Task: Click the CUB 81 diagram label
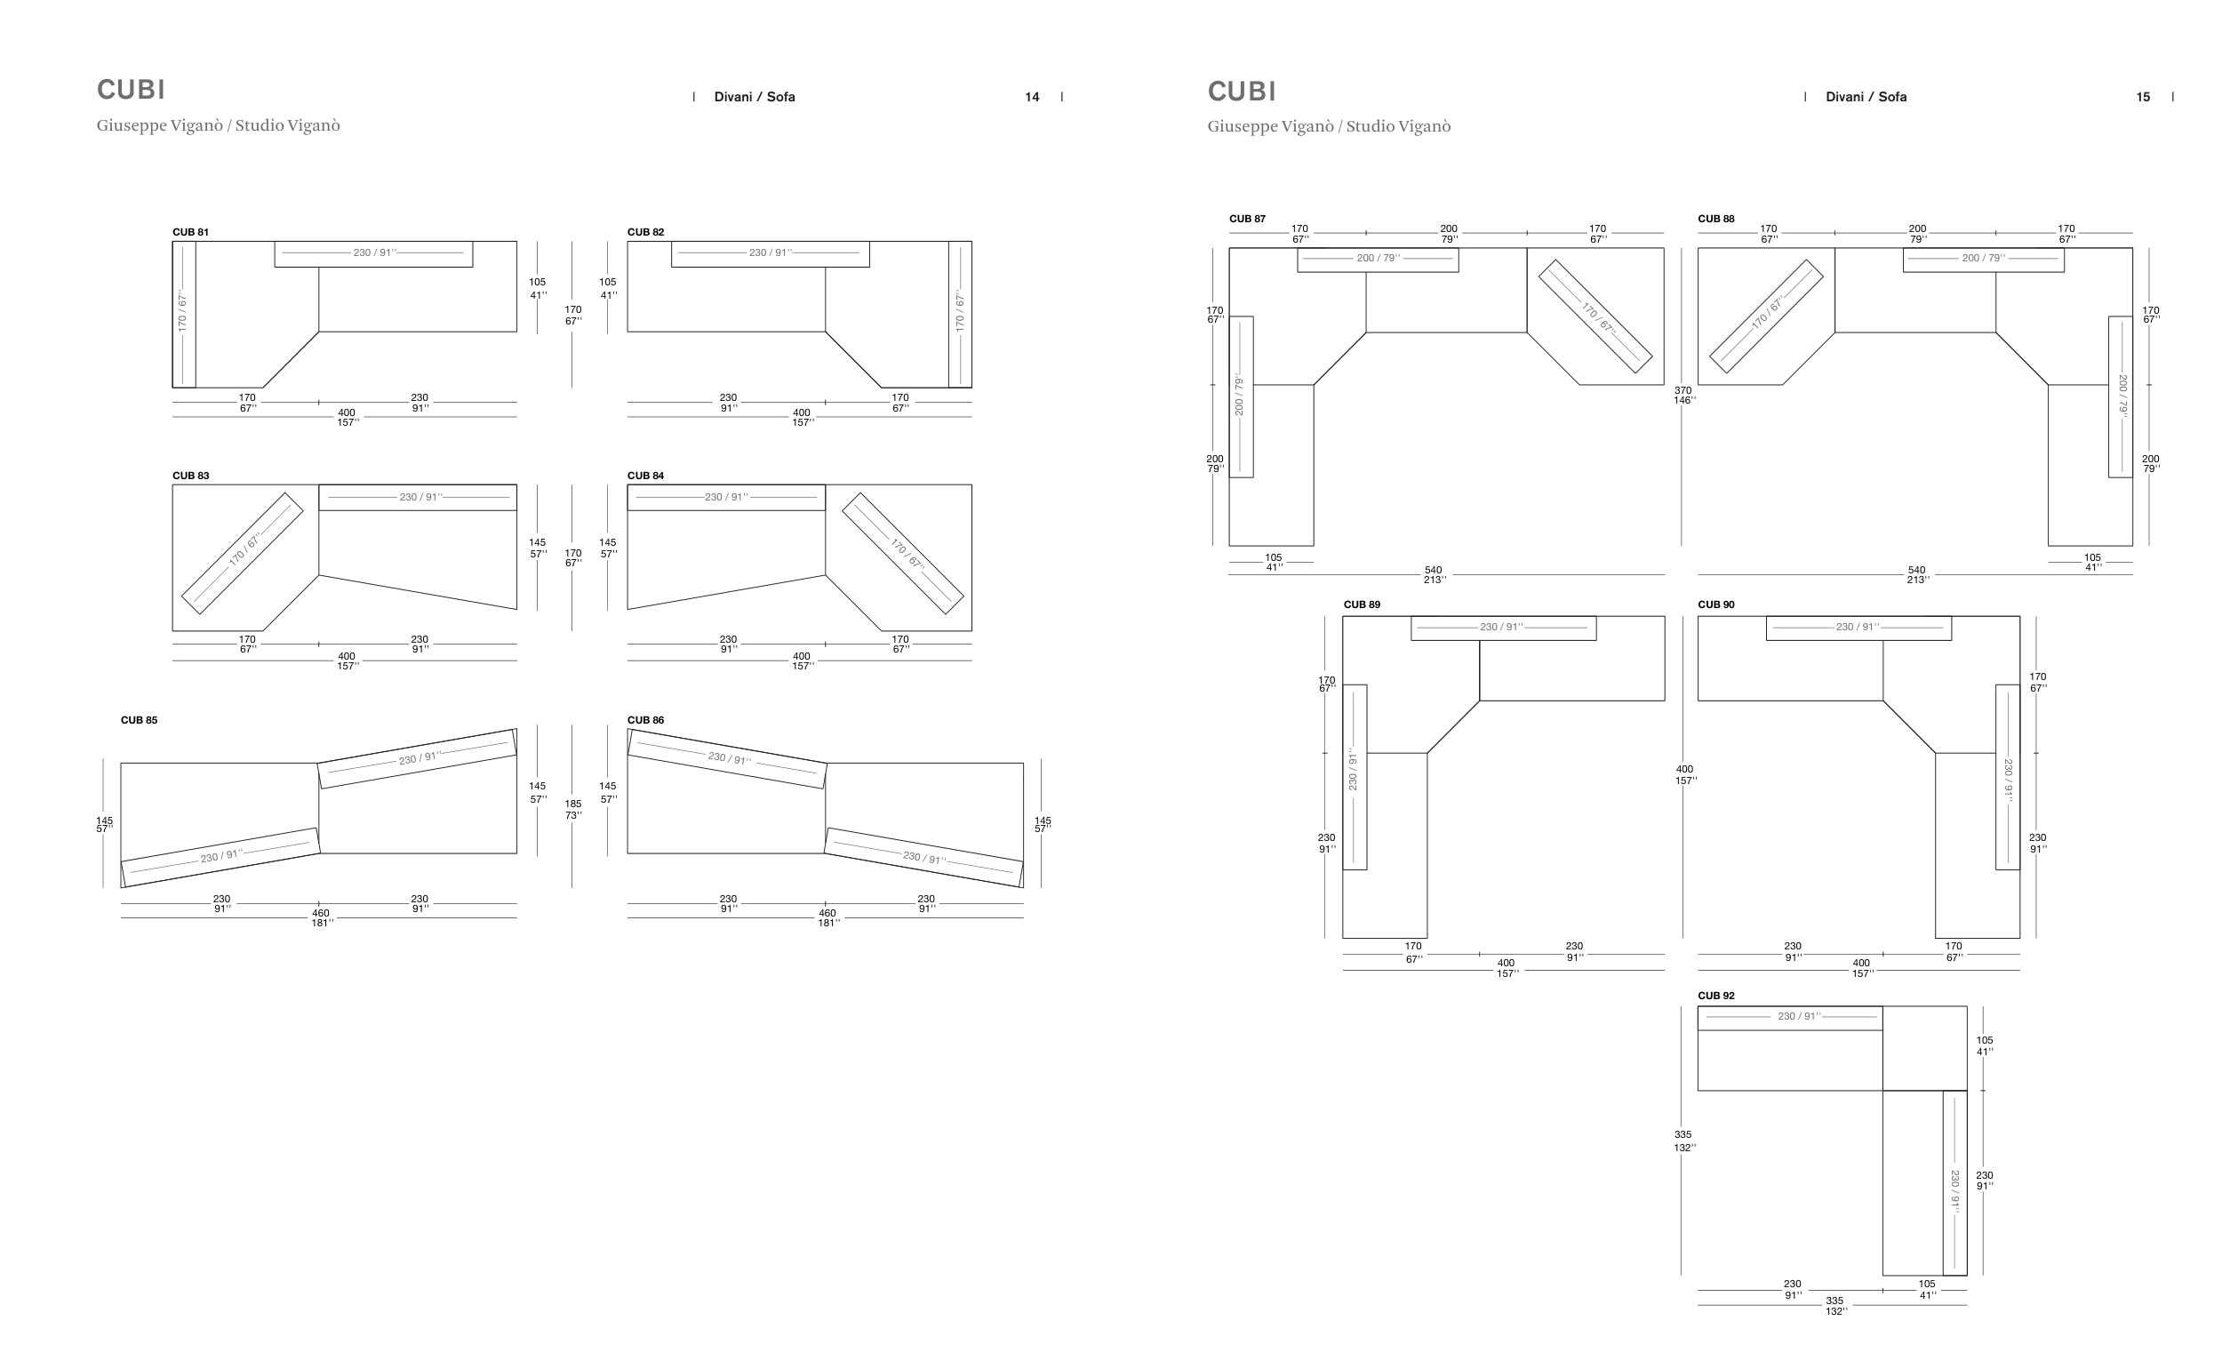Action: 190,232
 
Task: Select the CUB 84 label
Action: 645,476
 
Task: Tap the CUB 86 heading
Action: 645,720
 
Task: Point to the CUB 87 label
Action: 1247,219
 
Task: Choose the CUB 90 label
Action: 1716,604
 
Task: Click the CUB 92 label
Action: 1716,996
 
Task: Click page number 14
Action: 1032,97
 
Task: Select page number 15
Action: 2143,97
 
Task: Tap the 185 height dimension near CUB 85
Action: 573,809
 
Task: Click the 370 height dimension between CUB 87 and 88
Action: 1682,395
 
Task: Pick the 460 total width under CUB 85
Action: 321,917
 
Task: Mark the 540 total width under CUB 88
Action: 1916,574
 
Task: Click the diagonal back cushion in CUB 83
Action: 243,552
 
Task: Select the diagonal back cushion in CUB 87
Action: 1595,316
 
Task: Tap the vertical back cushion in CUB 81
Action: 184,313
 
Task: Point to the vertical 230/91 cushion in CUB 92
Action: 1954,1181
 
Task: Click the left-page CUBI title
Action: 131,89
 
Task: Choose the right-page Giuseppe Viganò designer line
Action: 1329,126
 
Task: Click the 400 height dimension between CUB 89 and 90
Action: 1684,775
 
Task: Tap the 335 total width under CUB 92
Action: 1834,1305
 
